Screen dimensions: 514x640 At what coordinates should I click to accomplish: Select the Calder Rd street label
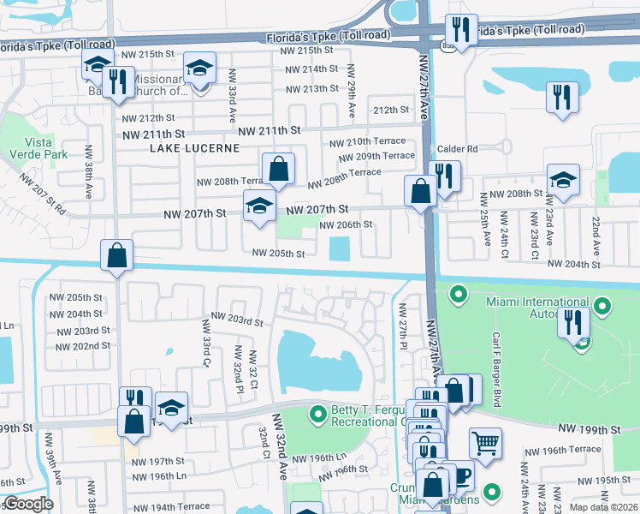[457, 148]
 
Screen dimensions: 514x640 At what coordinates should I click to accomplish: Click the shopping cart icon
[485, 443]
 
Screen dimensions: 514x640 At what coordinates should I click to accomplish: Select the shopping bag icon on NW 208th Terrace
[279, 169]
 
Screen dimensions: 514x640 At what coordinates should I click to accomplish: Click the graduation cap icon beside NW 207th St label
[259, 206]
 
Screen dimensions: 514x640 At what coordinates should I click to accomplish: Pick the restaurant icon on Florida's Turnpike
[461, 31]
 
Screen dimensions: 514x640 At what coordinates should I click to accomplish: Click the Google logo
[28, 504]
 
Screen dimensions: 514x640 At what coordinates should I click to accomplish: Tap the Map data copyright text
[604, 507]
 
